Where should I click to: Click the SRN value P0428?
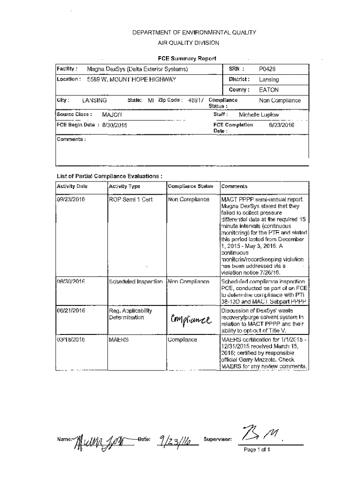[268, 69]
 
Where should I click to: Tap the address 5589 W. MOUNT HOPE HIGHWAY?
[131, 80]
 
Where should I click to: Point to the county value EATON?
[269, 89]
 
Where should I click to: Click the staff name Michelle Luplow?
[259, 114]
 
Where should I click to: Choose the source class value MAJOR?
[112, 114]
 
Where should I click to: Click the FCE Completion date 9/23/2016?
[281, 125]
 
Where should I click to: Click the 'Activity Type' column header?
[124, 186]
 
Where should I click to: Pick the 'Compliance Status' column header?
[191, 186]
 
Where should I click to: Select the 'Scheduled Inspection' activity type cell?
[136, 282]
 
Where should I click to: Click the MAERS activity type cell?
[118, 340]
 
